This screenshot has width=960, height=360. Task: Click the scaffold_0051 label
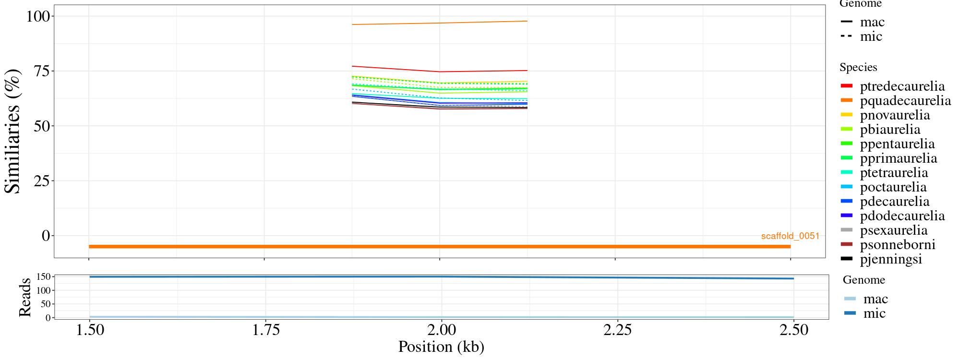tap(790, 236)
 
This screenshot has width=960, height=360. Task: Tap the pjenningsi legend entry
tap(891, 259)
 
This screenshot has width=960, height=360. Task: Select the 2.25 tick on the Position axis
tap(615, 330)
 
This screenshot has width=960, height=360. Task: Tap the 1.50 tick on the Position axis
tap(89, 330)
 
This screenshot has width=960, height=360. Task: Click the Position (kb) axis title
tap(441, 347)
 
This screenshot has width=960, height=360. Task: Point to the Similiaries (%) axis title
tap(13, 131)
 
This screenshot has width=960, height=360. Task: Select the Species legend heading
tap(858, 68)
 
